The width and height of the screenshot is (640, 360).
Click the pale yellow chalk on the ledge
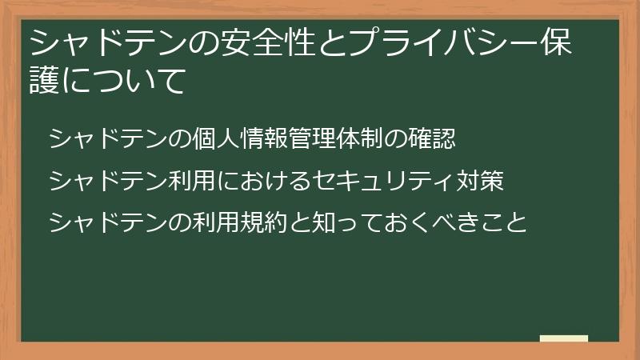pos(564,338)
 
